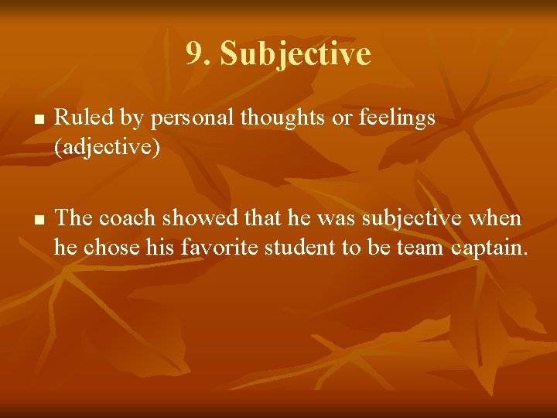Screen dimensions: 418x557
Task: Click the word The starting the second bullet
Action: pyautogui.click(x=73, y=218)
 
